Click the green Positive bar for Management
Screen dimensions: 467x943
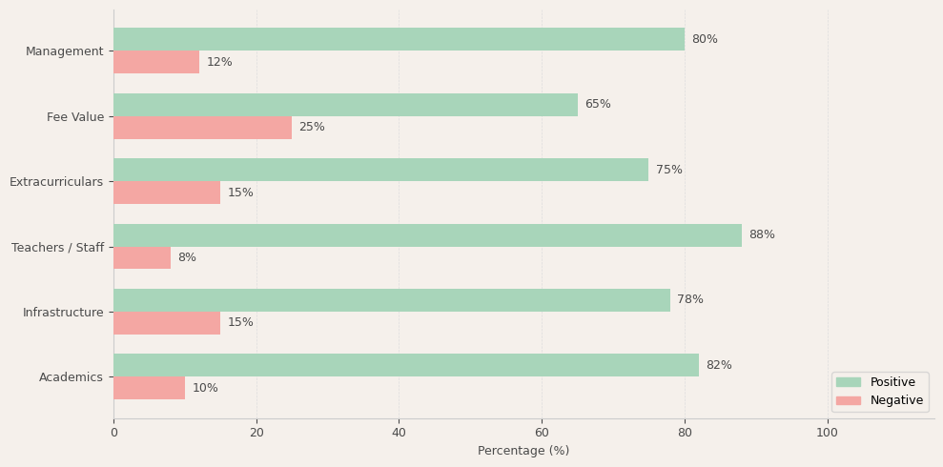(x=399, y=39)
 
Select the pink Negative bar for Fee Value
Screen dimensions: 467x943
(x=202, y=128)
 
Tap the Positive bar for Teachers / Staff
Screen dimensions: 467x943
(x=427, y=235)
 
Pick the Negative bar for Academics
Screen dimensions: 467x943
(x=149, y=388)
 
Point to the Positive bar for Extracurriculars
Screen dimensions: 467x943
(x=380, y=170)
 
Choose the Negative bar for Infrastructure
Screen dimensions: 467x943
(x=167, y=323)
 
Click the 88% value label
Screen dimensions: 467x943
(x=762, y=235)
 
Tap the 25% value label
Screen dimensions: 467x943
(x=312, y=128)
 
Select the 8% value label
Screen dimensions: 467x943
(x=187, y=258)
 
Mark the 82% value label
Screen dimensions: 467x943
(x=719, y=366)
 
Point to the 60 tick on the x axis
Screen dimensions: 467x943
(x=542, y=433)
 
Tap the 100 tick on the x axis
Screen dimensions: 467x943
(x=827, y=433)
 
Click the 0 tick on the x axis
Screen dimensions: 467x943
(x=113, y=433)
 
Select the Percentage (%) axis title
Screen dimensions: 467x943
(x=523, y=451)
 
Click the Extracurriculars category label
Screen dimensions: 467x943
(x=56, y=182)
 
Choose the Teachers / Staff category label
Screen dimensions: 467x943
(x=57, y=248)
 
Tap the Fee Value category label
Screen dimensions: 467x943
(x=75, y=117)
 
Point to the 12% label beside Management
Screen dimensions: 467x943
(x=219, y=63)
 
